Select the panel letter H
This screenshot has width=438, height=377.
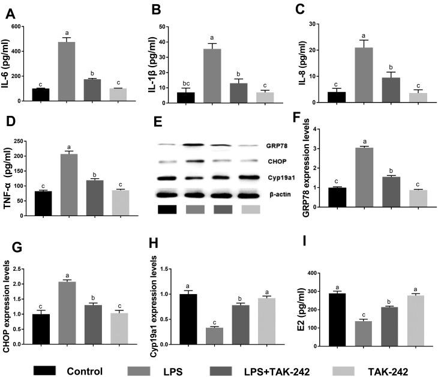pos(155,244)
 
